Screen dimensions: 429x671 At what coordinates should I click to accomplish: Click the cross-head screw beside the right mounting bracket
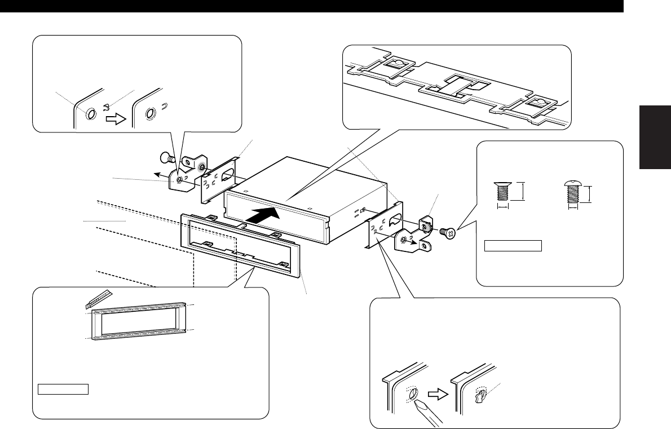(x=447, y=231)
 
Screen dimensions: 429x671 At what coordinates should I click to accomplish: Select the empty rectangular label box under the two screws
(x=513, y=246)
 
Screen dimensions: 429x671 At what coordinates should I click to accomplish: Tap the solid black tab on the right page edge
(x=656, y=136)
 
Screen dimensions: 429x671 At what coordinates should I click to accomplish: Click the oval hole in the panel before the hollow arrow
(x=91, y=114)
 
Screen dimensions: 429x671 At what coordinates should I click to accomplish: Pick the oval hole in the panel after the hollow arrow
(x=150, y=114)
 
